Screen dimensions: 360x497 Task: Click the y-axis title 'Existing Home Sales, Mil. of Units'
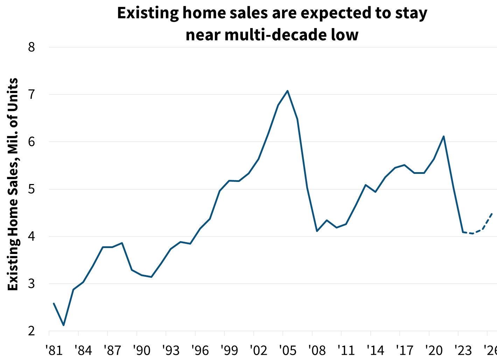(x=13, y=184)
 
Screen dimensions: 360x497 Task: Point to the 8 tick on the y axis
(x=32, y=47)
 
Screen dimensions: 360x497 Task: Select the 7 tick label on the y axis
(x=32, y=94)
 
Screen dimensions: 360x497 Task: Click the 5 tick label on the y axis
(x=32, y=189)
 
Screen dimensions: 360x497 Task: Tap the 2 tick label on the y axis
(x=32, y=331)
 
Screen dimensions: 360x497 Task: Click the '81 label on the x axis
(x=54, y=350)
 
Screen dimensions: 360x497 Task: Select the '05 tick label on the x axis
(x=288, y=350)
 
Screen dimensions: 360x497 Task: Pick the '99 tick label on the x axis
(x=229, y=350)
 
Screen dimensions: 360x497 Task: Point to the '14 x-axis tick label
(x=376, y=350)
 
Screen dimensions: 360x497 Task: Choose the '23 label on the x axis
(x=463, y=350)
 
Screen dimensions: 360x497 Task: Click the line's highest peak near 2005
(x=287, y=91)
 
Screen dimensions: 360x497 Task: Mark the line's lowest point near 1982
(x=64, y=325)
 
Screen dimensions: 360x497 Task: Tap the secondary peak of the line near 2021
(x=443, y=136)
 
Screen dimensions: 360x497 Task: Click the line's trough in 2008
(x=317, y=231)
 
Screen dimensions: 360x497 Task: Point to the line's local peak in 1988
(x=122, y=243)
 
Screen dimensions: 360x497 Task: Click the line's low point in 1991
(x=151, y=277)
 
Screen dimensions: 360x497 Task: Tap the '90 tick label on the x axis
(x=142, y=350)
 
